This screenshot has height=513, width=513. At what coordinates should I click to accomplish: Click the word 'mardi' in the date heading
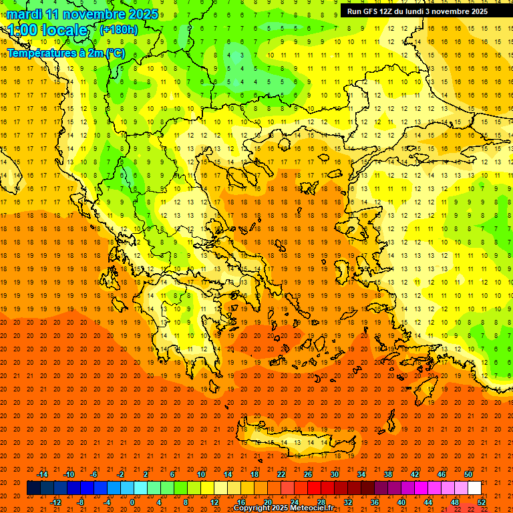(x=24, y=14)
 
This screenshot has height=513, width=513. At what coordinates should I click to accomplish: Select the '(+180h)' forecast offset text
(x=119, y=30)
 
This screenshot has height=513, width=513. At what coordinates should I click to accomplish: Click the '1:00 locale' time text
(x=48, y=30)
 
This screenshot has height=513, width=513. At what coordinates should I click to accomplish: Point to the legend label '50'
(x=468, y=474)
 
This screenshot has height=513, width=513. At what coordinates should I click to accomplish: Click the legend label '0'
(x=132, y=502)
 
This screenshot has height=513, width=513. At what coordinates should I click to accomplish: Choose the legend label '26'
(x=308, y=474)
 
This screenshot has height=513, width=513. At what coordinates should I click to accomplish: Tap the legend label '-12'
(x=55, y=502)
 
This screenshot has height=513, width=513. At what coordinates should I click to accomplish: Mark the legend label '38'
(x=388, y=474)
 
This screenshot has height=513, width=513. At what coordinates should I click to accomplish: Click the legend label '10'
(x=201, y=474)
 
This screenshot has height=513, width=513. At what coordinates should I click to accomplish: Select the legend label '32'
(x=348, y=502)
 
